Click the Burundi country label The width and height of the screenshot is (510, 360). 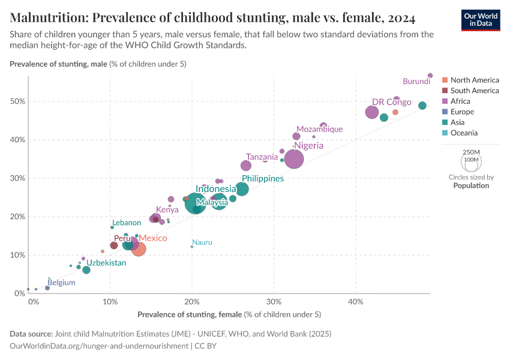[416, 81]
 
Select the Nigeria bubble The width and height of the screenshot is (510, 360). [294, 159]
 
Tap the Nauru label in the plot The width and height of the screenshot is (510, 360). [202, 242]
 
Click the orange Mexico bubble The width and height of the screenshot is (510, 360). [139, 248]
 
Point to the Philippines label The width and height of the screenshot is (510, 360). [263, 179]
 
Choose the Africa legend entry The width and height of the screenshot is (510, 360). [460, 101]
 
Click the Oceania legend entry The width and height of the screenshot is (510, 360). [464, 133]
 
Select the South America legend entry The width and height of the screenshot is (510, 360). [474, 91]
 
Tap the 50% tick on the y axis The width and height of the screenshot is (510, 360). [17, 101]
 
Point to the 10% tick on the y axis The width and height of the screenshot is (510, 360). [17, 255]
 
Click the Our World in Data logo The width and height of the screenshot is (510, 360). [481, 19]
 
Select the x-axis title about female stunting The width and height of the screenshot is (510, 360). [229, 314]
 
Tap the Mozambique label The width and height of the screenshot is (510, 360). [320, 129]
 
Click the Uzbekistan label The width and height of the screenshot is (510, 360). [106, 263]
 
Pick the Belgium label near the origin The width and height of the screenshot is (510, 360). [61, 282]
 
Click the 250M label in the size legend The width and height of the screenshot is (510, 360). [472, 152]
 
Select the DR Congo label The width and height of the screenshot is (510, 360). [391, 102]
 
